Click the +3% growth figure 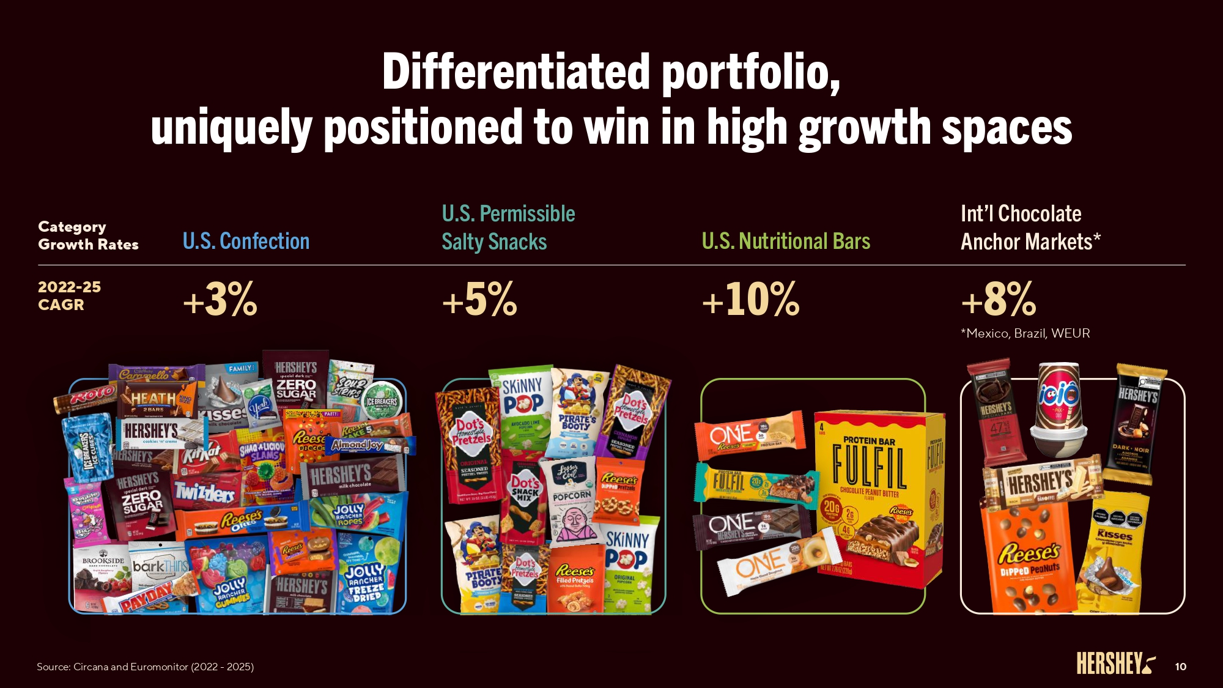pos(220,300)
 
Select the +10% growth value pos(750,300)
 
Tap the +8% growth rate pos(999,300)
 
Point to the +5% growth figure pos(479,300)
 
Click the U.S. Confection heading pos(246,242)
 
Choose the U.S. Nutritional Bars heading pos(786,242)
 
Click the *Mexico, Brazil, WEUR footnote pos(1025,333)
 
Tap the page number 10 pos(1180,667)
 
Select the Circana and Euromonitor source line pos(145,667)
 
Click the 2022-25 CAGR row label pos(69,296)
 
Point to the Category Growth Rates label pos(88,235)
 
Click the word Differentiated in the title pos(515,72)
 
